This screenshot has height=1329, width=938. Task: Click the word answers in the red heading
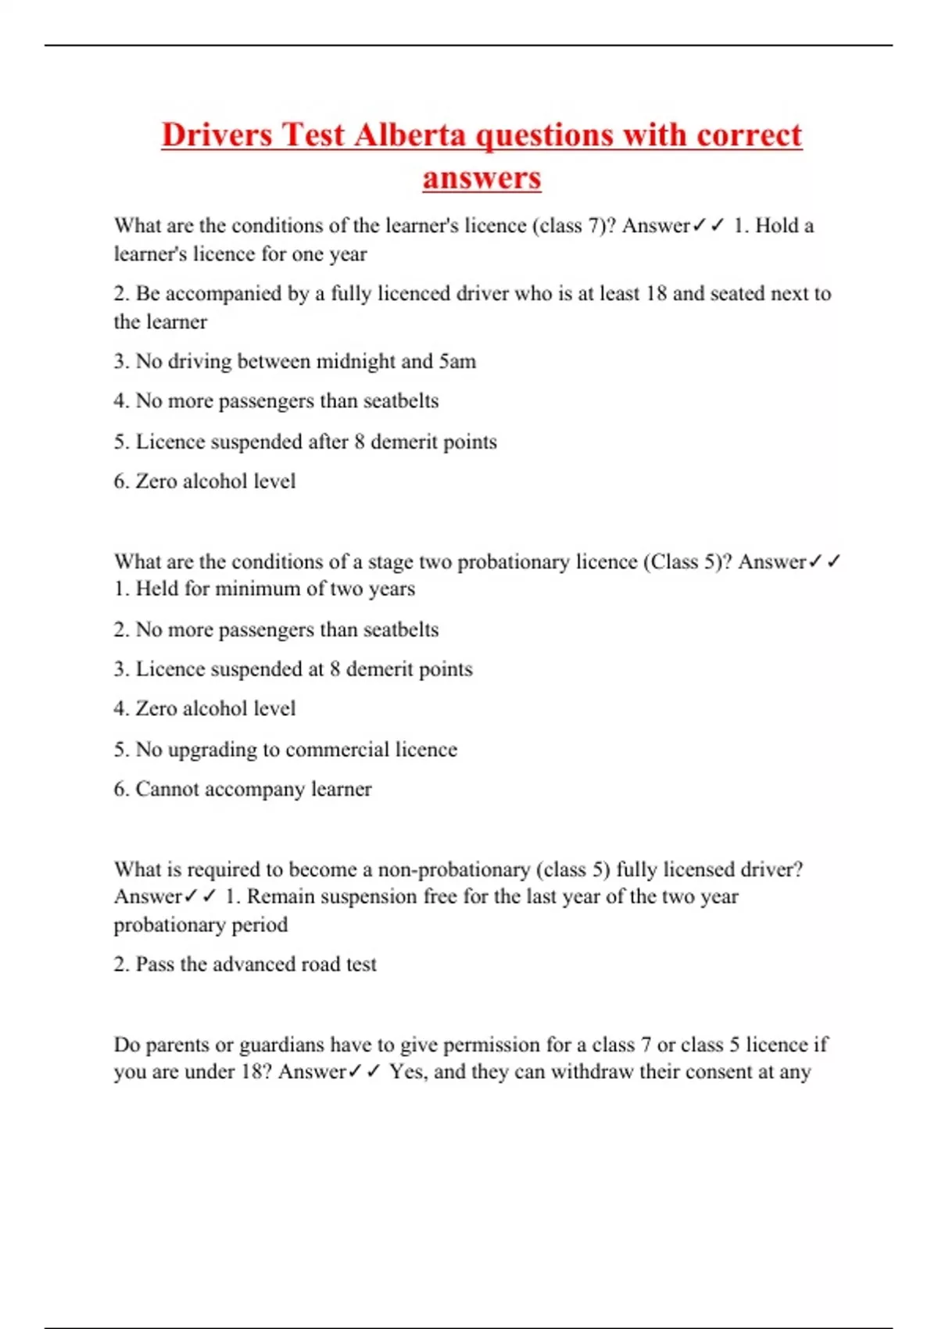point(482,177)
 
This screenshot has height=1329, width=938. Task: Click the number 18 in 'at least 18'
point(657,293)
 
